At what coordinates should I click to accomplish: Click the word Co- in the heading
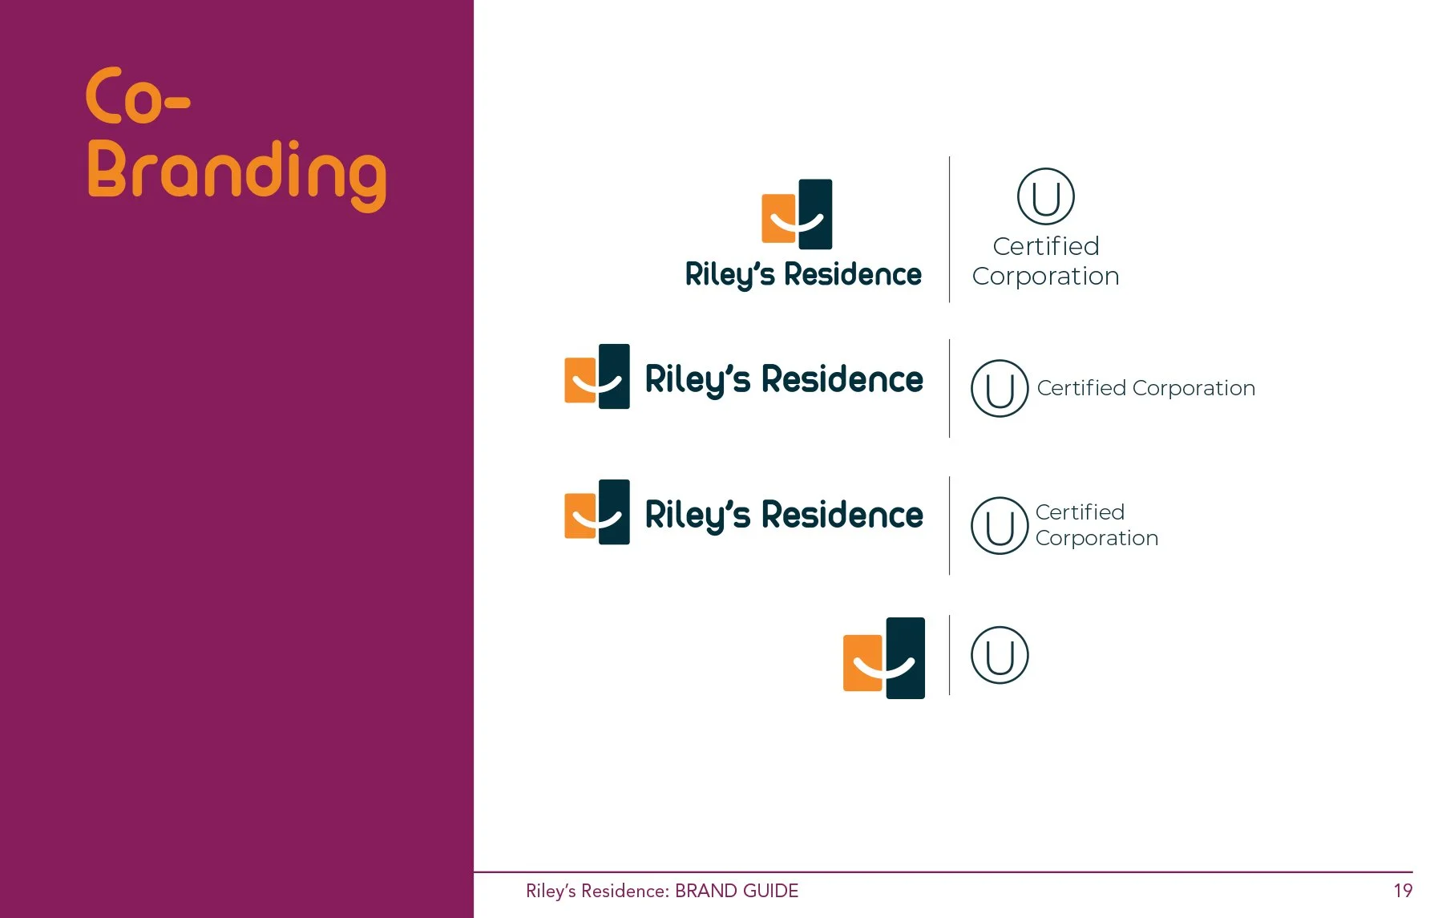pyautogui.click(x=137, y=97)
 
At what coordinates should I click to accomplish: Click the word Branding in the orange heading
pyautogui.click(x=236, y=173)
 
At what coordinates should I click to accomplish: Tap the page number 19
pyautogui.click(x=1402, y=891)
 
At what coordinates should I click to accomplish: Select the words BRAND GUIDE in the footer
pyautogui.click(x=737, y=891)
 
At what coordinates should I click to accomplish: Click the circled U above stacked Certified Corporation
pyautogui.click(x=1045, y=196)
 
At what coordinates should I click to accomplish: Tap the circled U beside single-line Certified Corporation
pyautogui.click(x=999, y=389)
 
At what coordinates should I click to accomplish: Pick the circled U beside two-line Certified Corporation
pyautogui.click(x=999, y=526)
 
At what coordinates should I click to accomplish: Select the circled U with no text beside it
pyautogui.click(x=999, y=655)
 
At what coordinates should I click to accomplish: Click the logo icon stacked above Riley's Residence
pyautogui.click(x=797, y=214)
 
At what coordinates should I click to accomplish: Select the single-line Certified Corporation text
pyautogui.click(x=1145, y=388)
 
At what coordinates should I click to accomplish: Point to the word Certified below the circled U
pyautogui.click(x=1045, y=246)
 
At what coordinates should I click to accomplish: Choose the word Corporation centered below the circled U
pyautogui.click(x=1045, y=276)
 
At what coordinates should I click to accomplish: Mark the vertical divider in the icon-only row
pyautogui.click(x=950, y=654)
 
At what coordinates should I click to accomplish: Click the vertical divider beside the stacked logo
pyautogui.click(x=950, y=229)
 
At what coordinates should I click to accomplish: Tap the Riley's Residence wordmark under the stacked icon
pyautogui.click(x=803, y=274)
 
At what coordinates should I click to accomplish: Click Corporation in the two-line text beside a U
pyautogui.click(x=1097, y=538)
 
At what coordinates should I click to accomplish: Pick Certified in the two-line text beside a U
pyautogui.click(x=1080, y=512)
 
